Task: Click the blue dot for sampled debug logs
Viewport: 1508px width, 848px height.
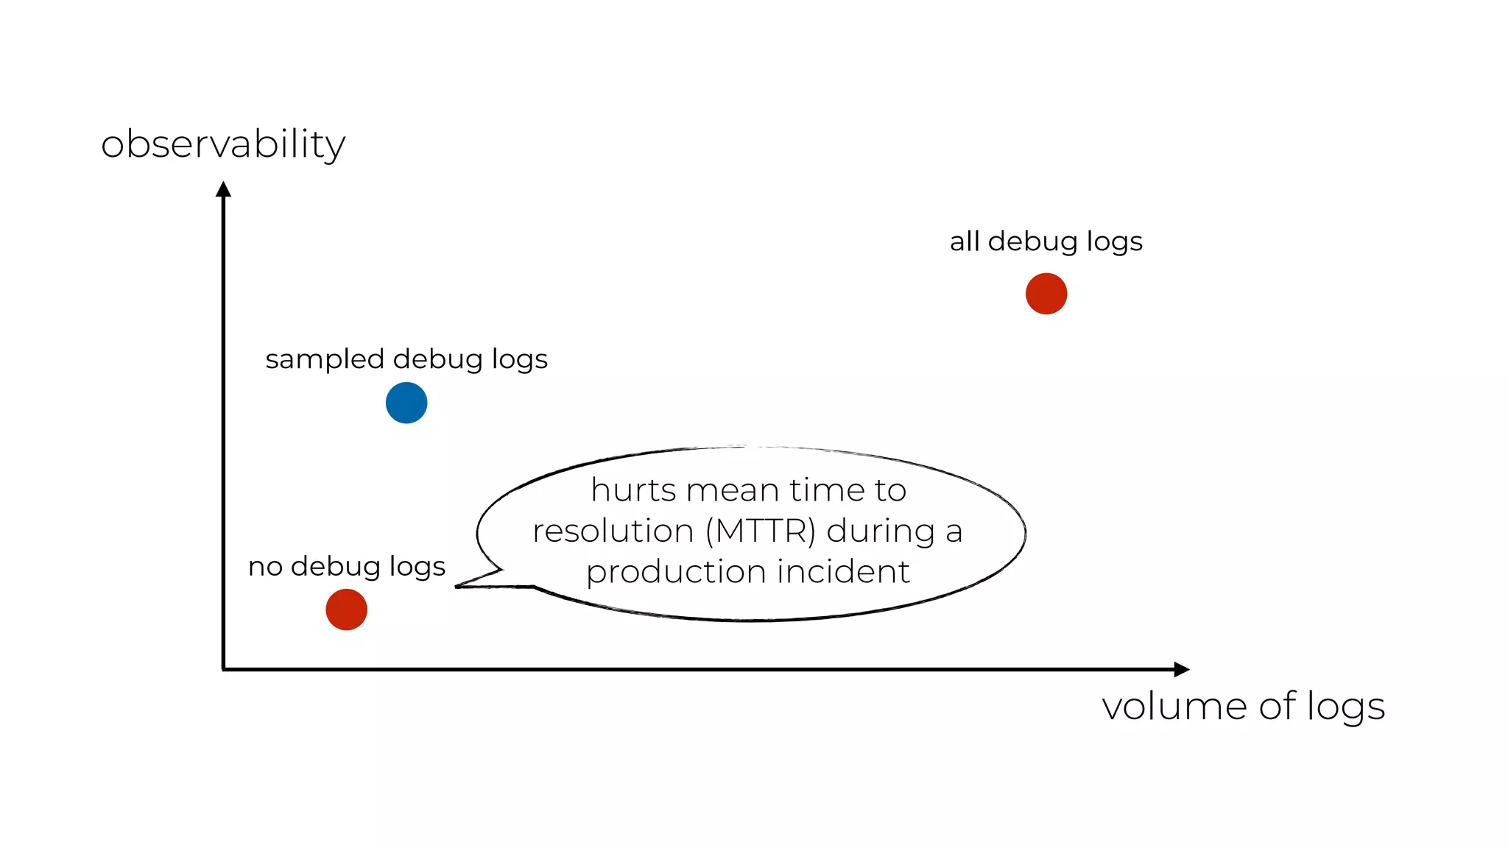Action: coord(406,403)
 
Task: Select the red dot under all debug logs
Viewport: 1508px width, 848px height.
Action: coord(1046,294)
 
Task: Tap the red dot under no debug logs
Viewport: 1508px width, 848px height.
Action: coord(346,609)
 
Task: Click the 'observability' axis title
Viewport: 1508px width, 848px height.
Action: coord(223,144)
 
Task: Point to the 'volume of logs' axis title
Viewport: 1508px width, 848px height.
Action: coord(1243,707)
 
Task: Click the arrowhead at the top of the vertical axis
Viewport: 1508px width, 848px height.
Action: coord(223,189)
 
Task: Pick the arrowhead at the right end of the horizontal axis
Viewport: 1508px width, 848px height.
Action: coord(1181,669)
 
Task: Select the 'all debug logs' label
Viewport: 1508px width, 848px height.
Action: coord(1046,241)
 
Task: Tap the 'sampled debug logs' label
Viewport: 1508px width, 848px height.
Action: coord(406,359)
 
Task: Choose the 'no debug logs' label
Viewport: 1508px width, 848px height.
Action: coord(347,566)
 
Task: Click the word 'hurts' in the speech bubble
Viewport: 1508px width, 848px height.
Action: coord(633,490)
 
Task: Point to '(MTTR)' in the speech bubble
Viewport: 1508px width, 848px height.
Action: coord(761,531)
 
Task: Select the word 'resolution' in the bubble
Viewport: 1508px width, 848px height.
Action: coord(613,531)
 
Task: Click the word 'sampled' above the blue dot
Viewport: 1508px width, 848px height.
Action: coord(325,360)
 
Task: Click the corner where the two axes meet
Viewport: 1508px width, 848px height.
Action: coord(223,669)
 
